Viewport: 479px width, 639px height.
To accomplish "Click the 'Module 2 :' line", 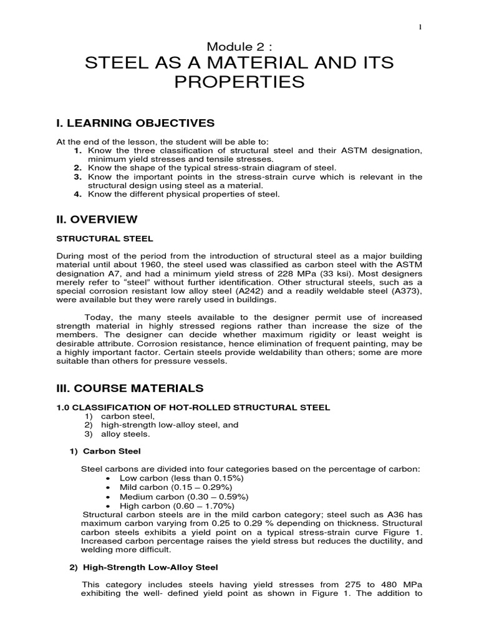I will coord(239,46).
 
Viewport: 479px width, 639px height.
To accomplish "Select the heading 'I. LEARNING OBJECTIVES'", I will coord(135,122).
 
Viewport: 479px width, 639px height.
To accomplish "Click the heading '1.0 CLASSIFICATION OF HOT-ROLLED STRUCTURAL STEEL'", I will coord(193,407).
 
